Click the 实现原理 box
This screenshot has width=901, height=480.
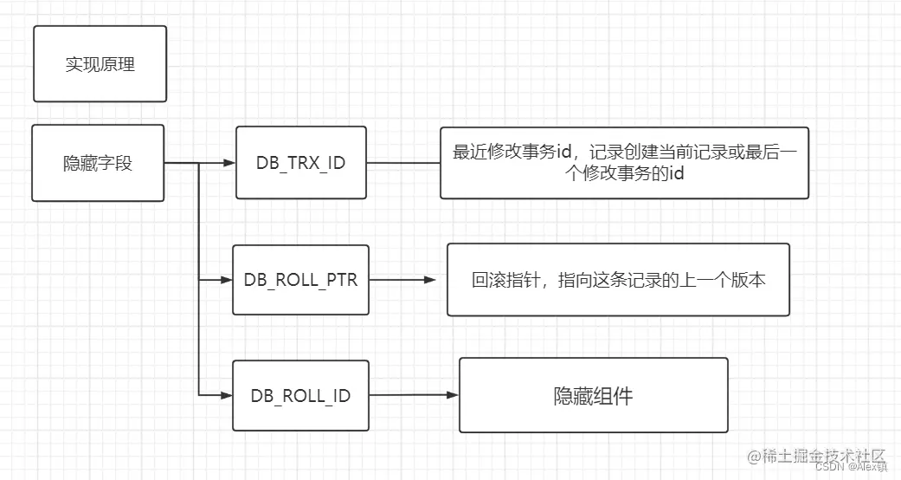[x=100, y=64]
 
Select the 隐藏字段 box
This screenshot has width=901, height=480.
[x=98, y=163]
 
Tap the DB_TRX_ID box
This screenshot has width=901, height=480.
[x=300, y=162]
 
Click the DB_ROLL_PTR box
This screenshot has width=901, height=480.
[x=300, y=280]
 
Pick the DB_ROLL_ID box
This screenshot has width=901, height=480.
[x=300, y=396]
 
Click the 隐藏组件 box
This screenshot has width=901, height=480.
[x=593, y=396]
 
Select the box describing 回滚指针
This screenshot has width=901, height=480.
[x=618, y=280]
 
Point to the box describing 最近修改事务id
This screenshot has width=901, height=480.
[x=624, y=163]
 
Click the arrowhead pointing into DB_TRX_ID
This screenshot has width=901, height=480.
[x=228, y=162]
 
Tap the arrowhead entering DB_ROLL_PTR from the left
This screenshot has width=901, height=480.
[x=226, y=280]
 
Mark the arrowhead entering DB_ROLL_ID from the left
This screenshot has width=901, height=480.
[x=226, y=396]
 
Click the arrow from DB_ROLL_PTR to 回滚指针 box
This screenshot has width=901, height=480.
[x=402, y=280]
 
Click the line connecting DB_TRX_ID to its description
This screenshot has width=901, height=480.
[x=402, y=162]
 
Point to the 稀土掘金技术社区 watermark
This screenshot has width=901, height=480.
[x=817, y=456]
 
